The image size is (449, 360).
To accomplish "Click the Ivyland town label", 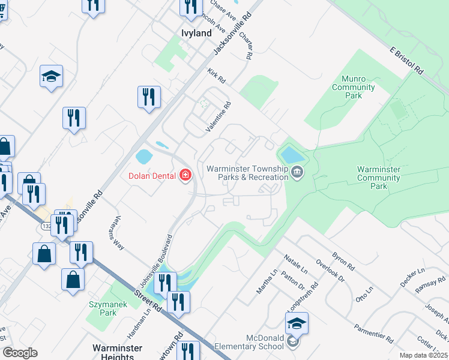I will point(197,34).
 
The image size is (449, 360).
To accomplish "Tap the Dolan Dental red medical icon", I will point(186,175).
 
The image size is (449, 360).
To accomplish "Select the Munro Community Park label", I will point(354,87).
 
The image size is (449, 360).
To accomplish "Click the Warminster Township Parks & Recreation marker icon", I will point(297,174).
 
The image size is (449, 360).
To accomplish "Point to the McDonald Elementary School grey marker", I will point(292,342).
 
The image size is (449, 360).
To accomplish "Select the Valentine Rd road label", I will point(218,116).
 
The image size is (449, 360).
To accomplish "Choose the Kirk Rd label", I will point(217,77).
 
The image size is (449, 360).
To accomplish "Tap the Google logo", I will point(20,353).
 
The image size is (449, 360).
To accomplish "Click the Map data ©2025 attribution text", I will point(423,355).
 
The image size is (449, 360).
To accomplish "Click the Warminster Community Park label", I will point(380,178).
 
